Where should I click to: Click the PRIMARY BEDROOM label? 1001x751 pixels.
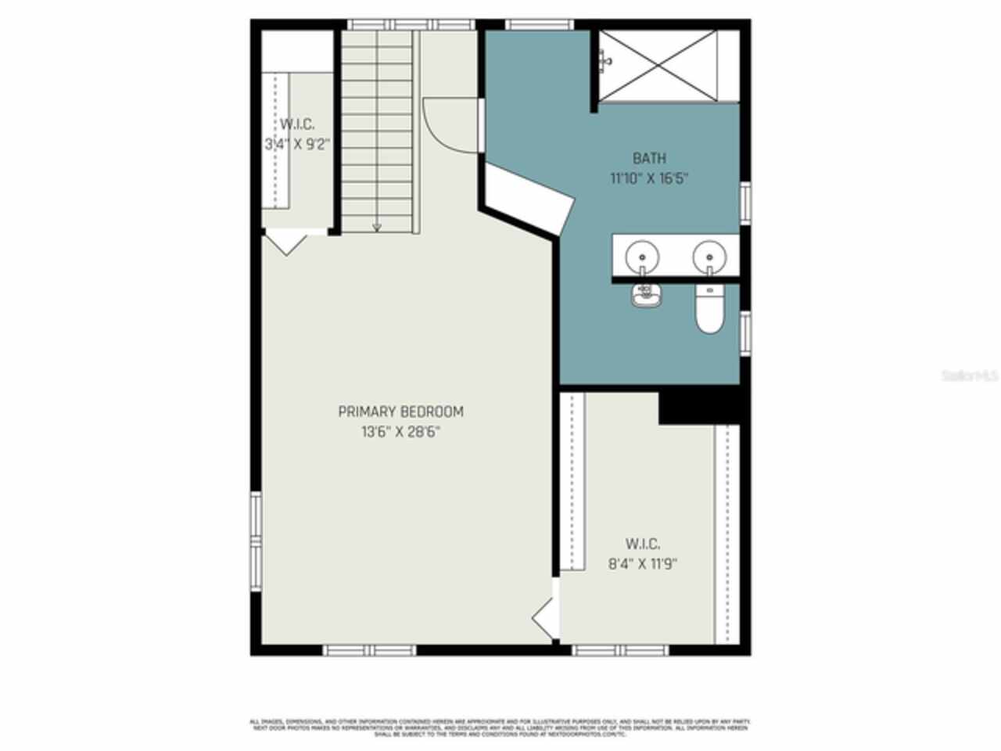[x=400, y=411]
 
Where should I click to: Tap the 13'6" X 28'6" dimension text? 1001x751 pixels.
[x=400, y=431]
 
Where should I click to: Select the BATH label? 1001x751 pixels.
[x=649, y=159]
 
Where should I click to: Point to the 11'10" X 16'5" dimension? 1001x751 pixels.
[x=649, y=178]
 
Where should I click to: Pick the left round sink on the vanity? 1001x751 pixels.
[x=642, y=255]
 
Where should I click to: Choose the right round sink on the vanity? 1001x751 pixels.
[x=709, y=255]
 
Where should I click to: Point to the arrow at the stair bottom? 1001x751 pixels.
[x=377, y=228]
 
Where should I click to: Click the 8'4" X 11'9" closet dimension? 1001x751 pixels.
[x=642, y=563]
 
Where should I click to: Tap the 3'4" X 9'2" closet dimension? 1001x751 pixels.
[x=297, y=144]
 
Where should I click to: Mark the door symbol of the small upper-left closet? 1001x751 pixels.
[x=286, y=243]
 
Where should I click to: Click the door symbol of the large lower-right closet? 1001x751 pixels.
[x=544, y=618]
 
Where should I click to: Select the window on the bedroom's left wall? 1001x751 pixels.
[x=256, y=540]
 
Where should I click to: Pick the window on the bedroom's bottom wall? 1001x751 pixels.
[x=370, y=650]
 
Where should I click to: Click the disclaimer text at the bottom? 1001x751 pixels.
[x=500, y=728]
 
